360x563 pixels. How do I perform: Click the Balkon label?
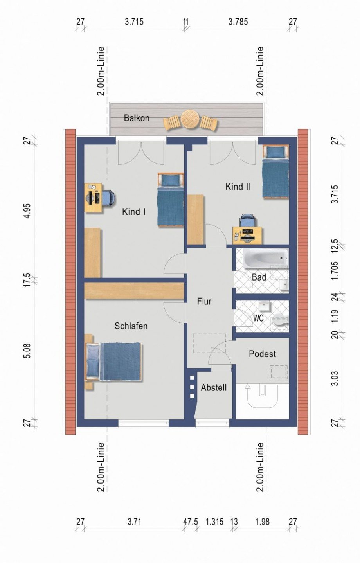click(x=137, y=118)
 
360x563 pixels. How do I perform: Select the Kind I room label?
click(x=134, y=212)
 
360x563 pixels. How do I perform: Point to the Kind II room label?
click(x=238, y=187)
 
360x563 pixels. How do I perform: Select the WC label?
click(x=258, y=318)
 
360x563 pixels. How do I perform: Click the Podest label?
click(x=262, y=354)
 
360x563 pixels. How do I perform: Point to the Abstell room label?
click(x=214, y=388)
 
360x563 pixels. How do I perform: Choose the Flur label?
click(x=204, y=301)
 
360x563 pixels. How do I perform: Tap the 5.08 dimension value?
click(x=27, y=350)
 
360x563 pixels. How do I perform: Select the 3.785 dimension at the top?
click(x=238, y=22)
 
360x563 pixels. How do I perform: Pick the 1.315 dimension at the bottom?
click(x=214, y=522)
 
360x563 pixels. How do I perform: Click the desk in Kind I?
click(x=94, y=198)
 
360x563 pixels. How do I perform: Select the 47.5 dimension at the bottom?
click(x=191, y=522)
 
